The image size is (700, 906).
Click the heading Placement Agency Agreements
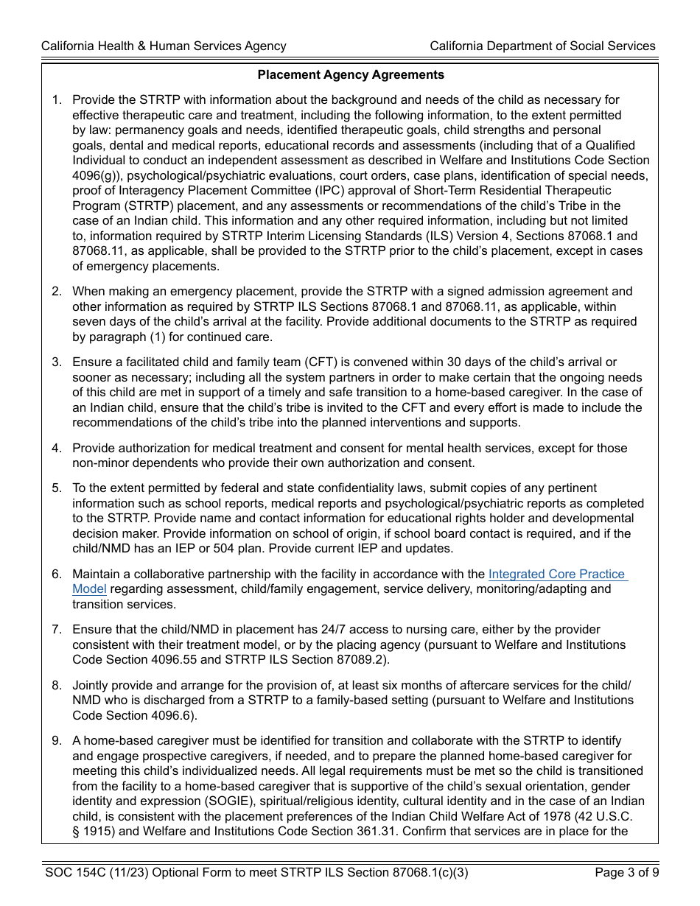pyautogui.click(x=351, y=74)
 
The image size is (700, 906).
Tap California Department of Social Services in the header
pyautogui.click(x=542, y=46)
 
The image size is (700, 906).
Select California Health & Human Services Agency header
pyautogui.click(x=164, y=46)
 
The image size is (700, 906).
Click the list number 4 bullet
pyautogui.click(x=57, y=448)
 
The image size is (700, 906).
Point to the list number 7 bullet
pyautogui.click(x=57, y=629)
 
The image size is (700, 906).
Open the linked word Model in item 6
pyautogui.click(x=89, y=589)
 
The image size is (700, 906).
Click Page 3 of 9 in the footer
pyautogui.click(x=626, y=873)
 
